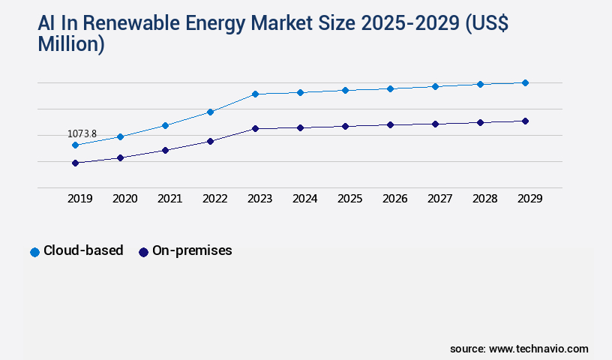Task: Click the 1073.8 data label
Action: click(x=82, y=134)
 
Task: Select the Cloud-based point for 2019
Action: click(x=75, y=145)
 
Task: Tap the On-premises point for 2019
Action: click(x=75, y=163)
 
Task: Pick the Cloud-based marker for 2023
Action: click(x=255, y=94)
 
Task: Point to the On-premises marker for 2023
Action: click(x=255, y=128)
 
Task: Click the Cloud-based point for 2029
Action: click(x=525, y=82)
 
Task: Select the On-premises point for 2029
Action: click(x=525, y=121)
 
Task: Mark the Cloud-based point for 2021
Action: click(x=165, y=125)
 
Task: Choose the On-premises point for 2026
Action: click(x=390, y=124)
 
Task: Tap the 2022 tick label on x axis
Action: click(x=214, y=199)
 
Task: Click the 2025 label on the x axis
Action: click(x=349, y=199)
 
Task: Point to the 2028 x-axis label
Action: click(x=484, y=199)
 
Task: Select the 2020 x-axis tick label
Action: click(x=124, y=199)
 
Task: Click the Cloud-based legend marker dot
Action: click(x=34, y=252)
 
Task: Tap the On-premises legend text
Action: click(x=192, y=251)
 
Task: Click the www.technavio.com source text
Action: click(x=538, y=349)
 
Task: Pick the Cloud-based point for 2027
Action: click(x=435, y=86)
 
